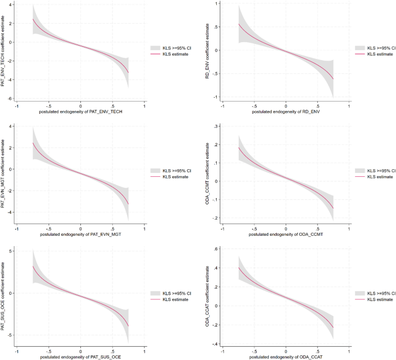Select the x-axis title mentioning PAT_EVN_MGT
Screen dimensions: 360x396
click(80, 235)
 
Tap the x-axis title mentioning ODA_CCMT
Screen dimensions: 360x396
click(286, 235)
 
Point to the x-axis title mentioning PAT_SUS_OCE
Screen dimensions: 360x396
click(80, 357)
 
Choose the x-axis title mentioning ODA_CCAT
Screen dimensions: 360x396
click(286, 357)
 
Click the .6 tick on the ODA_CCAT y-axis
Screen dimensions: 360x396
click(215, 249)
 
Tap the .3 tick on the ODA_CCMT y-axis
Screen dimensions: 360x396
click(215, 126)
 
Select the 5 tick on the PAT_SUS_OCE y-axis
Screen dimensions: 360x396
click(11, 250)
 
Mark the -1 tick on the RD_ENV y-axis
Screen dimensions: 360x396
click(215, 97)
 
